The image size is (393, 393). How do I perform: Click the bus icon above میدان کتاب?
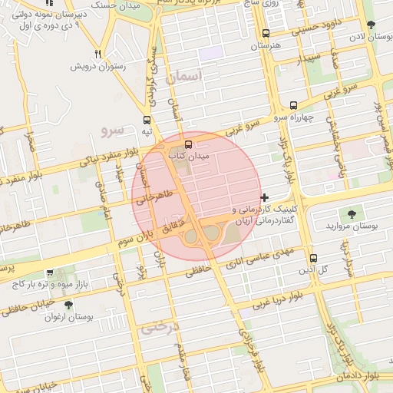click(189, 143)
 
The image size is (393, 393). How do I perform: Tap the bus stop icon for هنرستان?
click(266, 34)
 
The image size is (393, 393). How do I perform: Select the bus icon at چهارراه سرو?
click(293, 106)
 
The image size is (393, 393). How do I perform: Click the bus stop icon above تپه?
click(146, 120)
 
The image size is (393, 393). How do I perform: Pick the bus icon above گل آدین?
click(312, 258)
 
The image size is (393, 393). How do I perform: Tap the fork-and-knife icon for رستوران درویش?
click(97, 54)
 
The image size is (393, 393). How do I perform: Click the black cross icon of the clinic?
click(265, 198)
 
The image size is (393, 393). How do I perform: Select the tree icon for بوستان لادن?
click(372, 25)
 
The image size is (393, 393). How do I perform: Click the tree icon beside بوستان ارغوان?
click(68, 305)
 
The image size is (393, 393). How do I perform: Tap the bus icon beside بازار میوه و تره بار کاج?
click(50, 272)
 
